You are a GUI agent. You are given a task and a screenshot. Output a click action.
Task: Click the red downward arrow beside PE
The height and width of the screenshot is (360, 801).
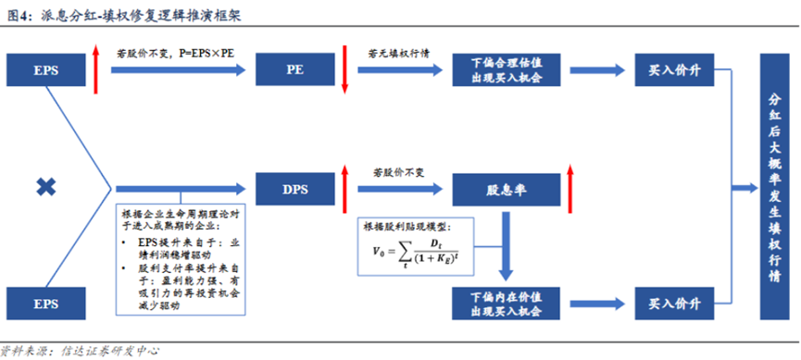point(344,68)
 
